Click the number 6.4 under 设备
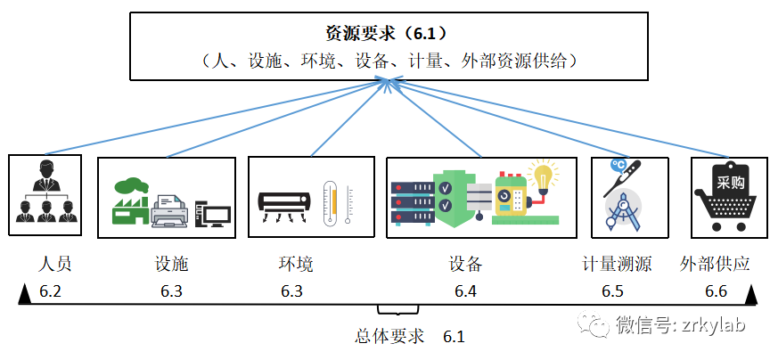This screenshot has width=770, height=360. click(465, 291)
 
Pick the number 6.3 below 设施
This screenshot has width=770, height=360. click(171, 291)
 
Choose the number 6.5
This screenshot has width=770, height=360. click(612, 291)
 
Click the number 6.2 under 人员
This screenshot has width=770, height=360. click(50, 291)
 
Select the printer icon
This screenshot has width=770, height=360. click(169, 210)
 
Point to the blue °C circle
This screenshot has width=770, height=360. click(617, 167)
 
